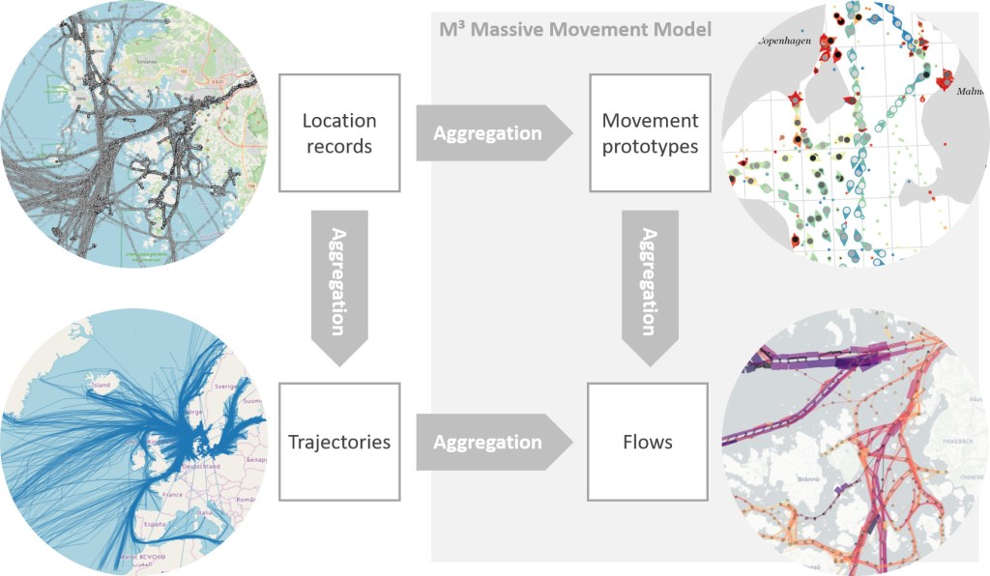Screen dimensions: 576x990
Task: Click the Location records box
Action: point(338,133)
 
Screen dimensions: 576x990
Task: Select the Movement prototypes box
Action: point(650,133)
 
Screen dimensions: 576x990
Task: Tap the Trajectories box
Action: point(338,442)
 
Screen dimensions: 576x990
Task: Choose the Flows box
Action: point(650,442)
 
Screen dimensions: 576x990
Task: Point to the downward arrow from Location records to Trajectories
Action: point(338,286)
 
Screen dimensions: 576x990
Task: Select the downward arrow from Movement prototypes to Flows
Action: point(650,286)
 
